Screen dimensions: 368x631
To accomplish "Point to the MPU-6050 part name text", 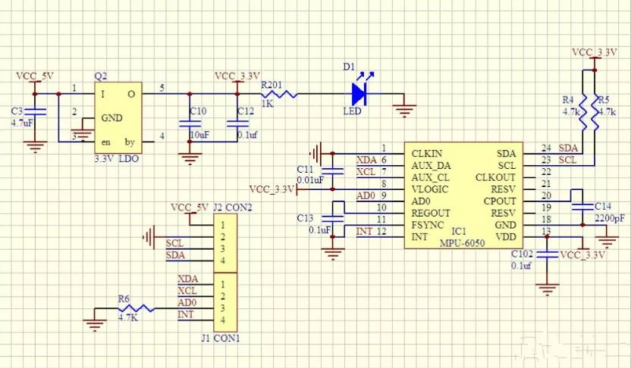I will coord(463,242).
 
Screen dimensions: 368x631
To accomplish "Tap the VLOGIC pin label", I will coord(429,189).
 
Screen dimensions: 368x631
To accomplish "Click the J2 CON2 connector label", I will coord(232,207).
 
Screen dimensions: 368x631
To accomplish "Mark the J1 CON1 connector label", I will coord(221,338).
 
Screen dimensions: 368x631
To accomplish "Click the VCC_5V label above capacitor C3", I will coord(36,76).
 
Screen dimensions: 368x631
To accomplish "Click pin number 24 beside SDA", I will coord(546,148).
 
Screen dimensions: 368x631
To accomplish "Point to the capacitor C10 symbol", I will coord(189,123).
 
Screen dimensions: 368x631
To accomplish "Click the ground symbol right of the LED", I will coord(406,110).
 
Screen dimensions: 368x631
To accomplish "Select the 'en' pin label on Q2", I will coord(106,142).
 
